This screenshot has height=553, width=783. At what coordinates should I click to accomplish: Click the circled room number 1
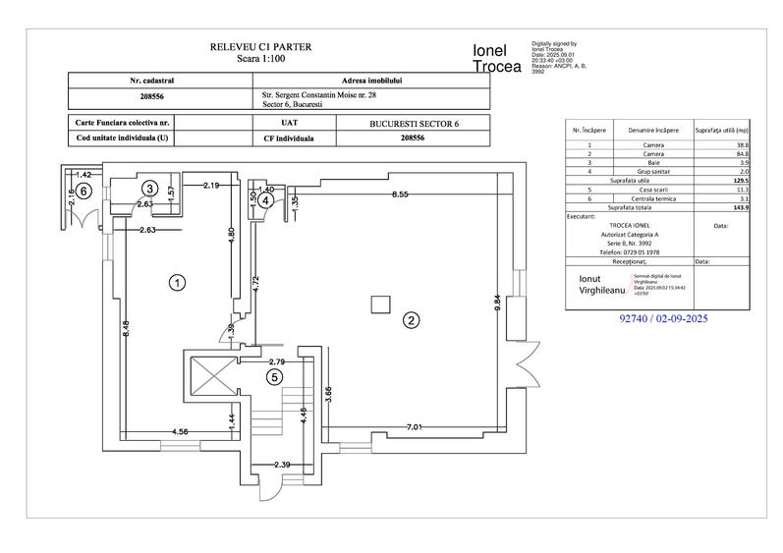point(178,283)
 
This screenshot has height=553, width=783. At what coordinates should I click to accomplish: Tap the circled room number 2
point(412,319)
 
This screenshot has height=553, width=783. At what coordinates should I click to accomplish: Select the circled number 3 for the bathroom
point(150,187)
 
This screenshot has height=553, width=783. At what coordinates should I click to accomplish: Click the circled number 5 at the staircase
point(275,375)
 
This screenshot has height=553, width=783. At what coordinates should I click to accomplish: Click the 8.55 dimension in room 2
point(400,194)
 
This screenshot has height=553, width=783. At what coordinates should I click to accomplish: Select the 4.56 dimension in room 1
point(180,431)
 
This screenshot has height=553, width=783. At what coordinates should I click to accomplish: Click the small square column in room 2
point(378,305)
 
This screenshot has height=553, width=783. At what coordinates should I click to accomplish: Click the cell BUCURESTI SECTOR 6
point(414,124)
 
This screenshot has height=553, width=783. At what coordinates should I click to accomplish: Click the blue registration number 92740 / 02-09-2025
point(664,319)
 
